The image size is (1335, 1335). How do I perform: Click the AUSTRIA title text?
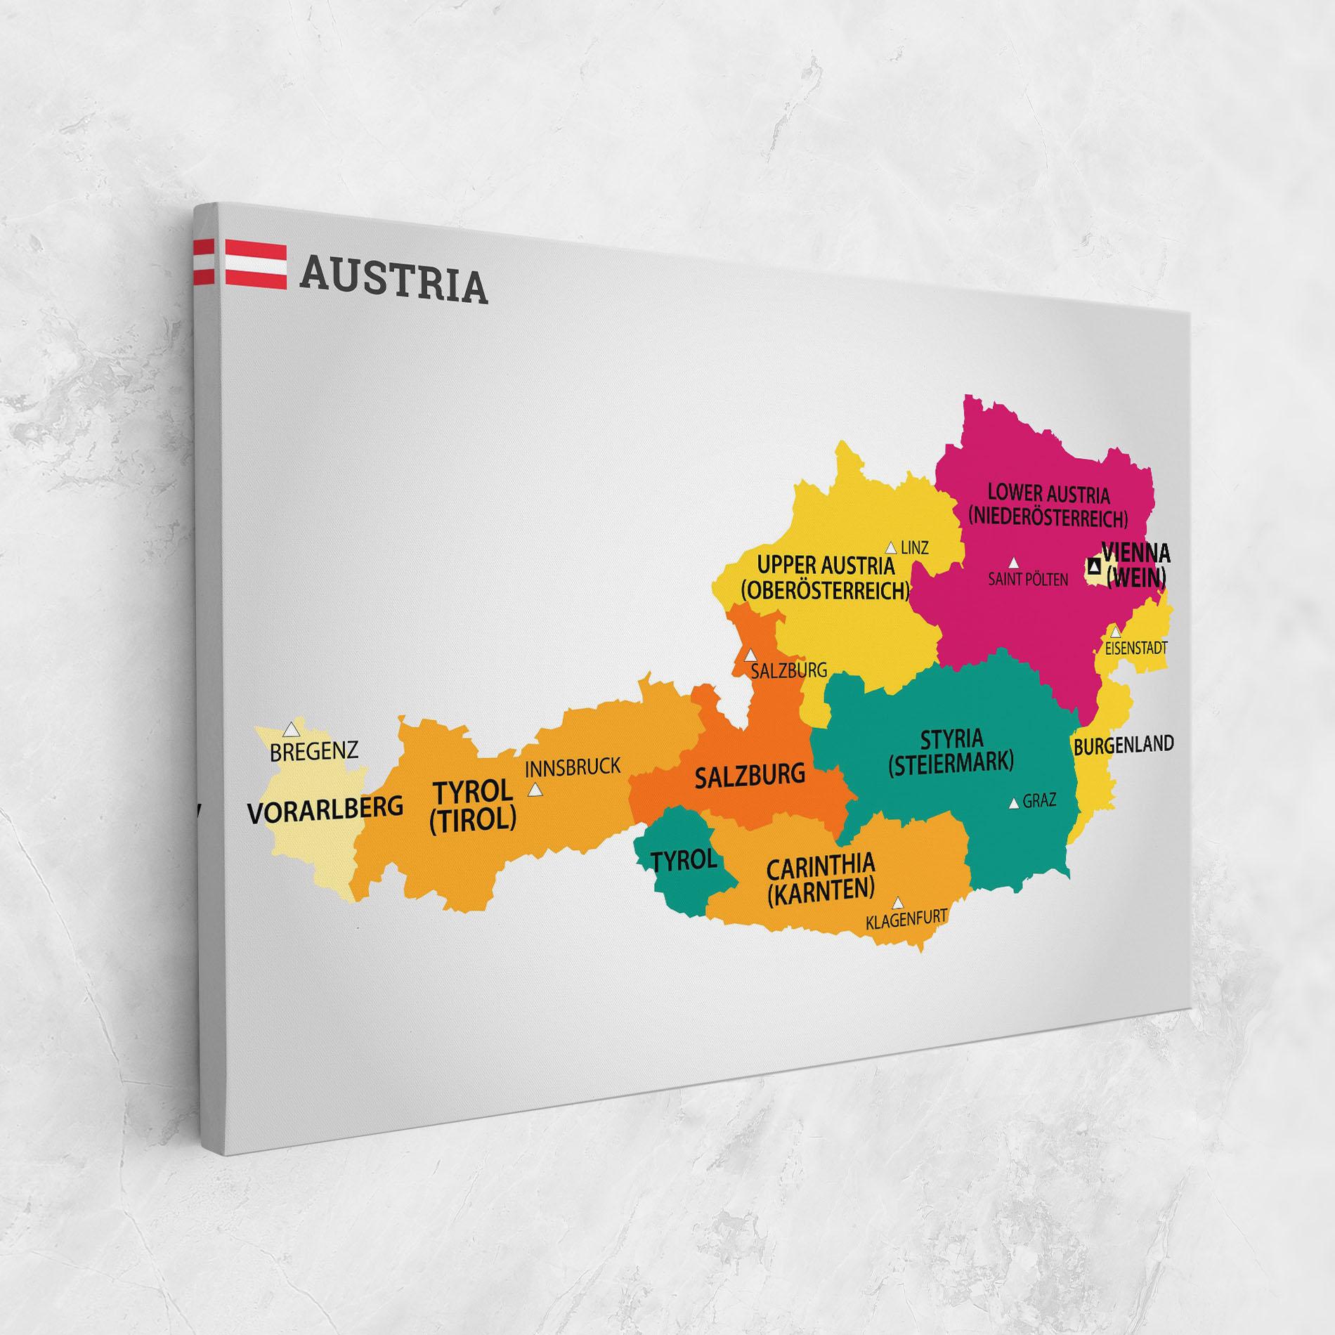pos(393,282)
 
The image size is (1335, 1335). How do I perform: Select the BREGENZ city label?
pos(313,751)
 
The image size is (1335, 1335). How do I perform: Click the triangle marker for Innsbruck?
pos(535,790)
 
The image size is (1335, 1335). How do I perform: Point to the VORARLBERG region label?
pos(325,809)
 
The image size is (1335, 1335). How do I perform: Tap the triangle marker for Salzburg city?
pos(750,654)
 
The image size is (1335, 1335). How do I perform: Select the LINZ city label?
pos(914,548)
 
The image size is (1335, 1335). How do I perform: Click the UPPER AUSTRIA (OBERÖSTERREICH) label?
pos(826,578)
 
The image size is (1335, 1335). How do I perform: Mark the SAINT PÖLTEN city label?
pos(1027,580)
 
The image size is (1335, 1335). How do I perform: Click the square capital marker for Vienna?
pos(1094,565)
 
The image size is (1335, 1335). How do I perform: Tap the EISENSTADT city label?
pos(1135,648)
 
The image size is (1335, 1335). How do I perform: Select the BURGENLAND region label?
pos(1123,744)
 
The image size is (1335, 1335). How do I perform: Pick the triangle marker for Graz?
pos(1013,804)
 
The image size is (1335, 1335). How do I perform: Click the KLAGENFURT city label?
pos(906,919)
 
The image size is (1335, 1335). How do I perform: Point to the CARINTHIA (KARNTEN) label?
pos(820,878)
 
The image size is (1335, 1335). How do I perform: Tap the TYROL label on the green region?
pos(683,860)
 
